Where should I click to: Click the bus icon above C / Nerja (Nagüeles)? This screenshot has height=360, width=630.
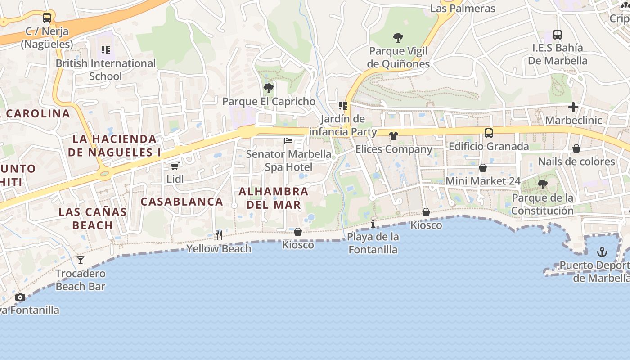(x=47, y=18)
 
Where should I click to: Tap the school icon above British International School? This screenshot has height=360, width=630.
(x=106, y=50)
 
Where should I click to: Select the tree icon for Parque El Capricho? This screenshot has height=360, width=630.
(x=269, y=88)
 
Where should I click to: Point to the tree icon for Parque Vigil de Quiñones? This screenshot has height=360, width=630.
(x=398, y=37)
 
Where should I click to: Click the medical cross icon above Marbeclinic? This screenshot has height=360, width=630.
(x=573, y=107)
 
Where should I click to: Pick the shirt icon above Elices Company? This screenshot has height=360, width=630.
(x=394, y=136)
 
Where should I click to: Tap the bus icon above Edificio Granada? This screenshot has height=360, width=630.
(x=488, y=133)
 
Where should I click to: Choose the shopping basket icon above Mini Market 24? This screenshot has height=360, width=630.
(x=483, y=168)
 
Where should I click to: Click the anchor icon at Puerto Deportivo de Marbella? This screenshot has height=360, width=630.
(x=602, y=252)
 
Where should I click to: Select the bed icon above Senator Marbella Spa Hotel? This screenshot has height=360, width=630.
(x=288, y=141)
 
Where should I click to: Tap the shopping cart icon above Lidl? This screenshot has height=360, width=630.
(x=175, y=166)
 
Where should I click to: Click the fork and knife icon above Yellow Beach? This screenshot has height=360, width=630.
(x=219, y=235)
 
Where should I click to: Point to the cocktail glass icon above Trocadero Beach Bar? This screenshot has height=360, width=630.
(x=81, y=260)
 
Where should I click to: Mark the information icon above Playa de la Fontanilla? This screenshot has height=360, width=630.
(x=373, y=223)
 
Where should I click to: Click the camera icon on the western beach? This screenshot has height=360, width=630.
(x=20, y=297)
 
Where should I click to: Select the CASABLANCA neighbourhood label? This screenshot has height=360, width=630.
(x=182, y=202)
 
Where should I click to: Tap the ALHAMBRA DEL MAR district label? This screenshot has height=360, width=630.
(x=273, y=198)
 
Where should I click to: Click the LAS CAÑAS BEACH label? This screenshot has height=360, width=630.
(x=93, y=218)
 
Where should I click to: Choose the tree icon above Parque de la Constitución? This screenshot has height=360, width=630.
(x=542, y=184)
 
